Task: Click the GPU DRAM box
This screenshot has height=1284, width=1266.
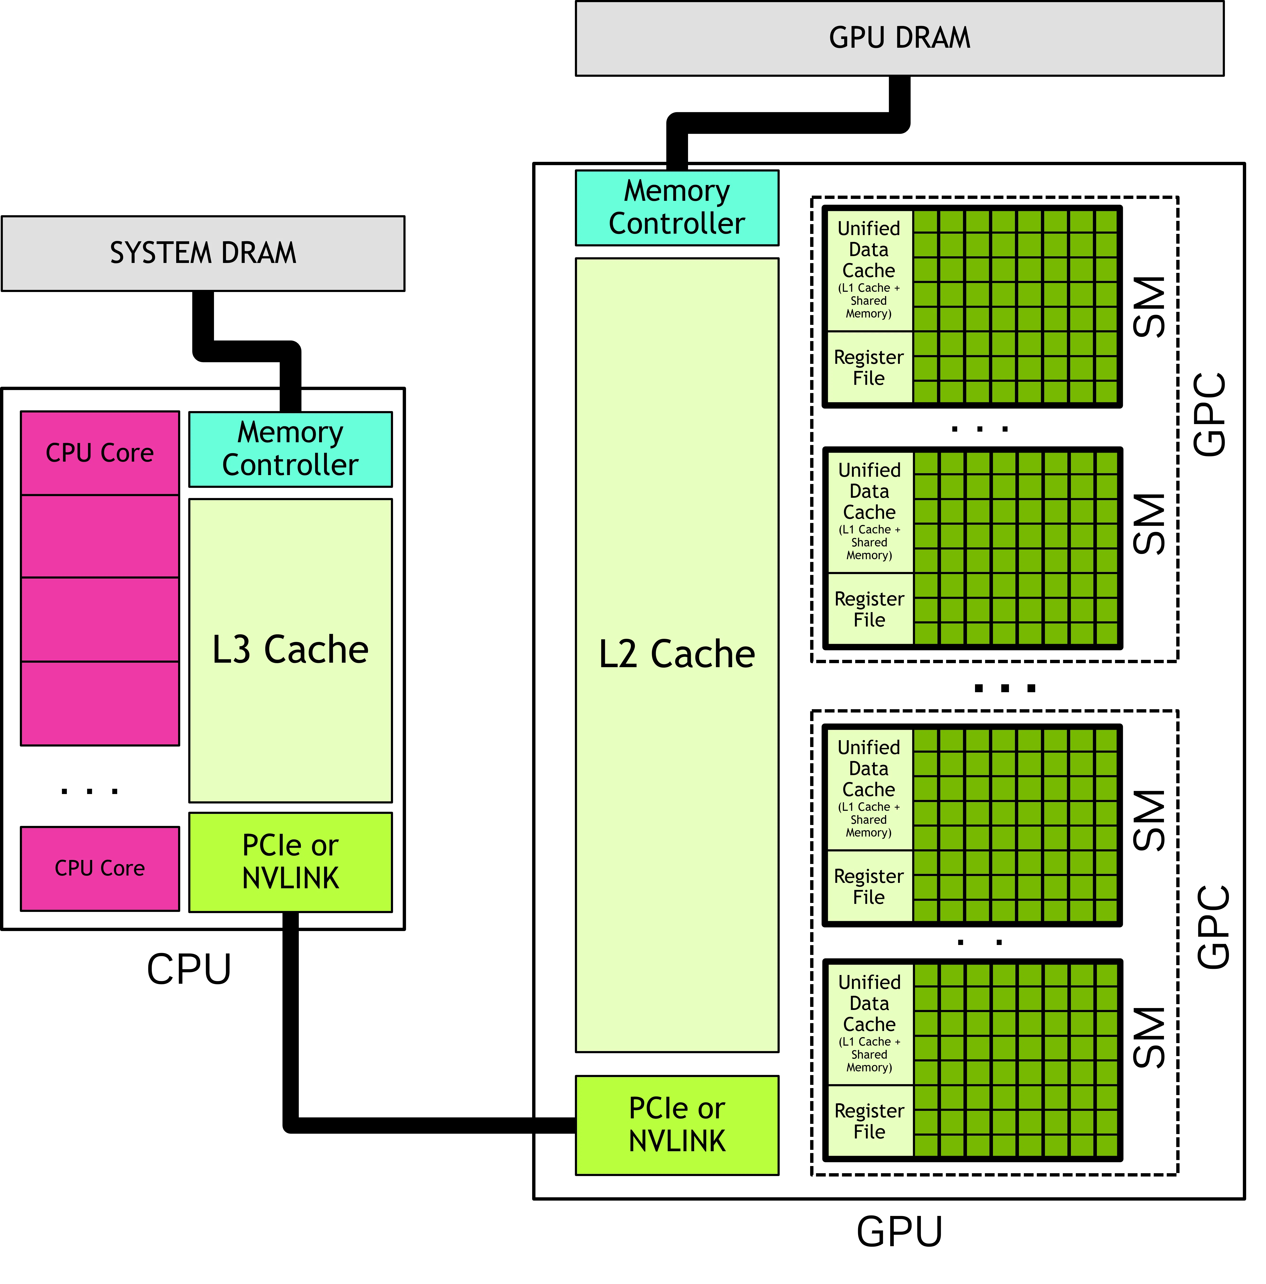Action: (899, 38)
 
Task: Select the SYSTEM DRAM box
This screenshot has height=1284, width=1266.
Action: (203, 253)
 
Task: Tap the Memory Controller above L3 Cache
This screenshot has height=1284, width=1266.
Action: (291, 449)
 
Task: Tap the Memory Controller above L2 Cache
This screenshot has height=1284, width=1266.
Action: (676, 207)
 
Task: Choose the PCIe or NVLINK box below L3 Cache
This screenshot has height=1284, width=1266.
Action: (291, 862)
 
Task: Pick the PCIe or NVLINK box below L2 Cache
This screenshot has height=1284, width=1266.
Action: (676, 1125)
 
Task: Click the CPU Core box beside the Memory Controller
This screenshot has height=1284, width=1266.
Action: (100, 453)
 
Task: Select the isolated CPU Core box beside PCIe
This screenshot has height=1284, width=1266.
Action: (100, 869)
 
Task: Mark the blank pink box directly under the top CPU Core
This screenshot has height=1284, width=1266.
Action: (100, 536)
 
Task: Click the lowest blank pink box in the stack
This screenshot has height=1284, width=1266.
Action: (100, 703)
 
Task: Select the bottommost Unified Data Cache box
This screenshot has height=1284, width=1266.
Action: (869, 1024)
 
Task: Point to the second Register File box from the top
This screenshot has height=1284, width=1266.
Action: (869, 609)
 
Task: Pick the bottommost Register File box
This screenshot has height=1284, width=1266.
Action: (869, 1121)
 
